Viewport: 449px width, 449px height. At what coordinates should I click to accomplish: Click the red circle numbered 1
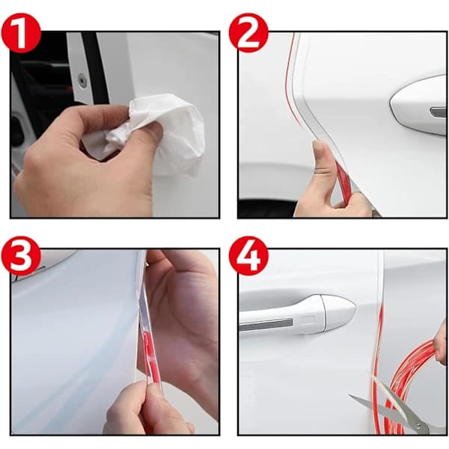point(21,33)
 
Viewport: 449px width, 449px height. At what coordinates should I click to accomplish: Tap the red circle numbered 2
point(248,33)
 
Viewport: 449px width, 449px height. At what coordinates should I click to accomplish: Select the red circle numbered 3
point(21,256)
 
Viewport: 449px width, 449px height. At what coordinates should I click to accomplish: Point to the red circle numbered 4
point(248,256)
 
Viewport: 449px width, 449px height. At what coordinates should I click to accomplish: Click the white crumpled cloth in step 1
point(160,135)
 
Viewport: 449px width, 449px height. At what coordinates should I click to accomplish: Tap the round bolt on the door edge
point(82,80)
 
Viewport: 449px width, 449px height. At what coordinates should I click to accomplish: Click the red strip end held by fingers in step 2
point(344,182)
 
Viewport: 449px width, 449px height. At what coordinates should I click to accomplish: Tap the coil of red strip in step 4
point(412,384)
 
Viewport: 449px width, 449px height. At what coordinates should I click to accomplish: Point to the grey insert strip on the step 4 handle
point(266,324)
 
